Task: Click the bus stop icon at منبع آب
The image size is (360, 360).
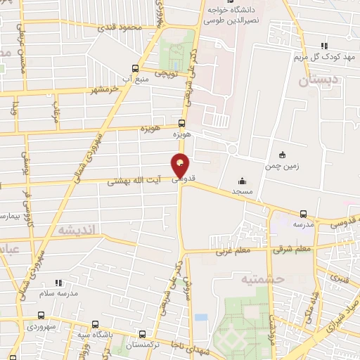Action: tap(136, 68)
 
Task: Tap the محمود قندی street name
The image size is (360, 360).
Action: tap(121, 27)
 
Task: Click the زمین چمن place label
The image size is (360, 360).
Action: tap(282, 166)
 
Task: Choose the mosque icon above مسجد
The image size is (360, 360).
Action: tap(243, 180)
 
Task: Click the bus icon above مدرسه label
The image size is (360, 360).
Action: tap(303, 213)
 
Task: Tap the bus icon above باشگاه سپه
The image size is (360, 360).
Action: tap(95, 324)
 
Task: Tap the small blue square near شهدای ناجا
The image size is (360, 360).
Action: tap(201, 317)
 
